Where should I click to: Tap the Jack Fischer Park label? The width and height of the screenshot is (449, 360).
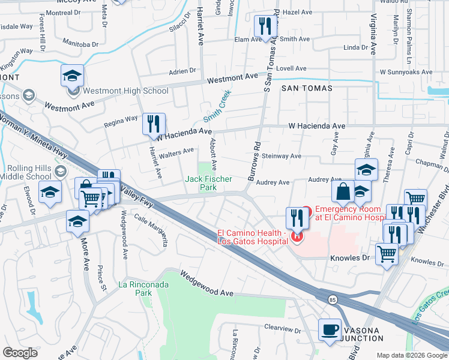point(200,183)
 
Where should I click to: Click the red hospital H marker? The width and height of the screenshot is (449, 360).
point(297,237)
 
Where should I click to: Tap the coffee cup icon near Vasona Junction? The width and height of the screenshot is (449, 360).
point(330,330)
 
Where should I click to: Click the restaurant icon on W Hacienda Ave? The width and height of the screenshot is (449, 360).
point(154,125)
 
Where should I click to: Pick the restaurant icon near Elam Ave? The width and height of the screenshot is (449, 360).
point(264,27)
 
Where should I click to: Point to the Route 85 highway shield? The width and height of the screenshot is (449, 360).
point(332,299)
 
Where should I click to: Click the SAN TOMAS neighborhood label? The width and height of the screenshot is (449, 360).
point(306,88)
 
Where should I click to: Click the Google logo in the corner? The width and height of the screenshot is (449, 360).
point(20,353)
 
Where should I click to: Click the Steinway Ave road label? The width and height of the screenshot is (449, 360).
point(282,156)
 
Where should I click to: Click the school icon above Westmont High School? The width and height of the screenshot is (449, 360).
point(72,76)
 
